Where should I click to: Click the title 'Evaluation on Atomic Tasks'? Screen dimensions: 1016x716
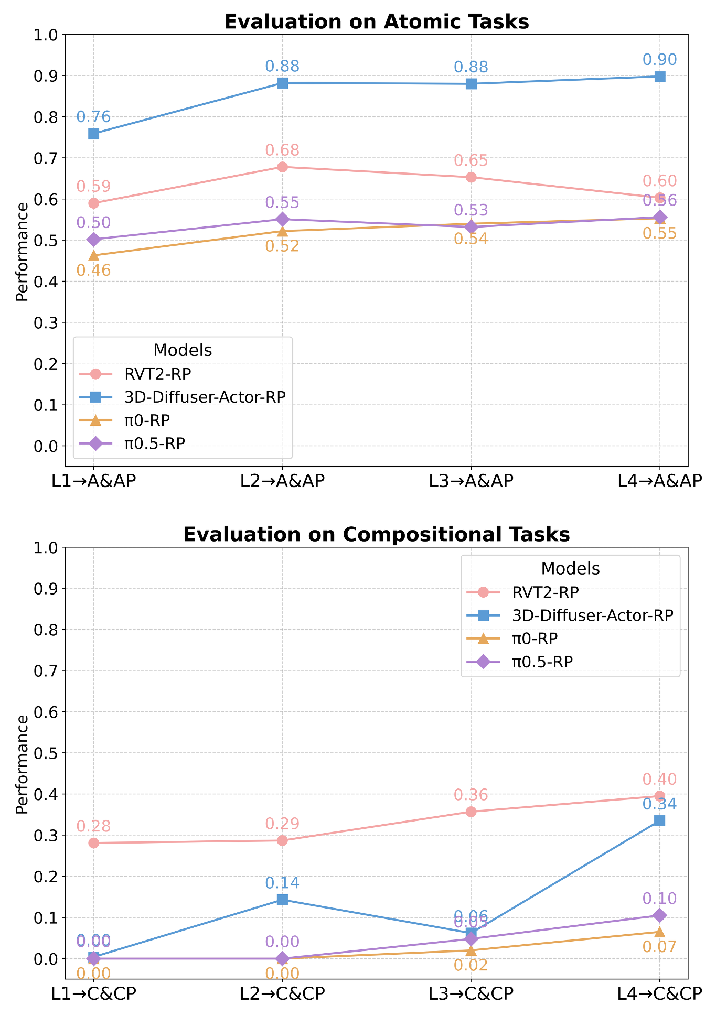coord(376,22)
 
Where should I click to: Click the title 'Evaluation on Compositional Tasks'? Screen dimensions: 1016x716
coord(376,534)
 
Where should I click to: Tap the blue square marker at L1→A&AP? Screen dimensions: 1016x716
coord(94,134)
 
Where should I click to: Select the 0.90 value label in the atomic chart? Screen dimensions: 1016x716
coord(660,60)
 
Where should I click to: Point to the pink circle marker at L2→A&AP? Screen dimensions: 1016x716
coord(282,167)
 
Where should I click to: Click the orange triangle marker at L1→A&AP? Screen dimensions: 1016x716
coord(94,255)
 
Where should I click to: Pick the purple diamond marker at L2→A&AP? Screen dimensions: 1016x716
coord(282,219)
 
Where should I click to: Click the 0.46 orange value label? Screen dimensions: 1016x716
coord(94,271)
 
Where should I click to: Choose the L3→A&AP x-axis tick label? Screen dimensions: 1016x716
coord(471,481)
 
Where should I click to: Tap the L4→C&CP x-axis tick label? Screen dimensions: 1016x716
coord(660,993)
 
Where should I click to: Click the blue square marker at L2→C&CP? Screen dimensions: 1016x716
coord(282,900)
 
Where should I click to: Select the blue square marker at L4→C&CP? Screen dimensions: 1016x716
coord(660,820)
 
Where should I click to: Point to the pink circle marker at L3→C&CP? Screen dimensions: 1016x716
coord(471,812)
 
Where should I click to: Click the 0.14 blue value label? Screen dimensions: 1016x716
coord(282,883)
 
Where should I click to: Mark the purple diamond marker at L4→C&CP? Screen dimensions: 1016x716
coord(660,915)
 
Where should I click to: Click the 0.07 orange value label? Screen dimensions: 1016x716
coord(660,947)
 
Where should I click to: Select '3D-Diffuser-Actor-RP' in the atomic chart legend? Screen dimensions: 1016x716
coord(205,397)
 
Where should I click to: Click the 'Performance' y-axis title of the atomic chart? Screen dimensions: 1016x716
coord(22,252)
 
